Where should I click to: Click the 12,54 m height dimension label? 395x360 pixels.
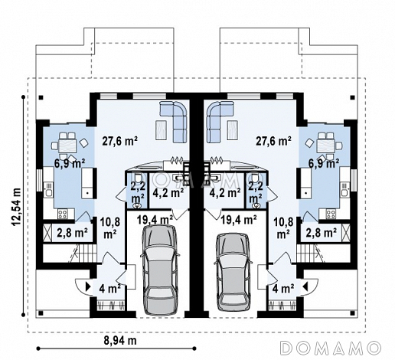16,207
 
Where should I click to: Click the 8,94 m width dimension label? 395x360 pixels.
120,340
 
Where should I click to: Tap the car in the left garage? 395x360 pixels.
159,270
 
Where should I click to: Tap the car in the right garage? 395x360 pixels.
233,271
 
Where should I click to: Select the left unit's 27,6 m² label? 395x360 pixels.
120,141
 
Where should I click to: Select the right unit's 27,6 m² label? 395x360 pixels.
274,141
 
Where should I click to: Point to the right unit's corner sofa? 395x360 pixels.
220,120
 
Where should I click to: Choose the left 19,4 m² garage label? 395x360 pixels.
155,219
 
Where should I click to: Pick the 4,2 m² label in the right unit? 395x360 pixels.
225,192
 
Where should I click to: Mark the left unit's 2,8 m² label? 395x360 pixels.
72,233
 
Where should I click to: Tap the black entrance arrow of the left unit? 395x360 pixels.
88,286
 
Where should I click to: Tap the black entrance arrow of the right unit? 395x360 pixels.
305,286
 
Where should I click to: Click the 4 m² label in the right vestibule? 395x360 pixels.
283,289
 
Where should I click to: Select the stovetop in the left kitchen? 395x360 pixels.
63,214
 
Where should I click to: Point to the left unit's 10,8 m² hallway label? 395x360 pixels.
110,228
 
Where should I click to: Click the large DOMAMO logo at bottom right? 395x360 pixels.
331,348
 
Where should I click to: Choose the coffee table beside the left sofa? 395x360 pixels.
162,130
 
